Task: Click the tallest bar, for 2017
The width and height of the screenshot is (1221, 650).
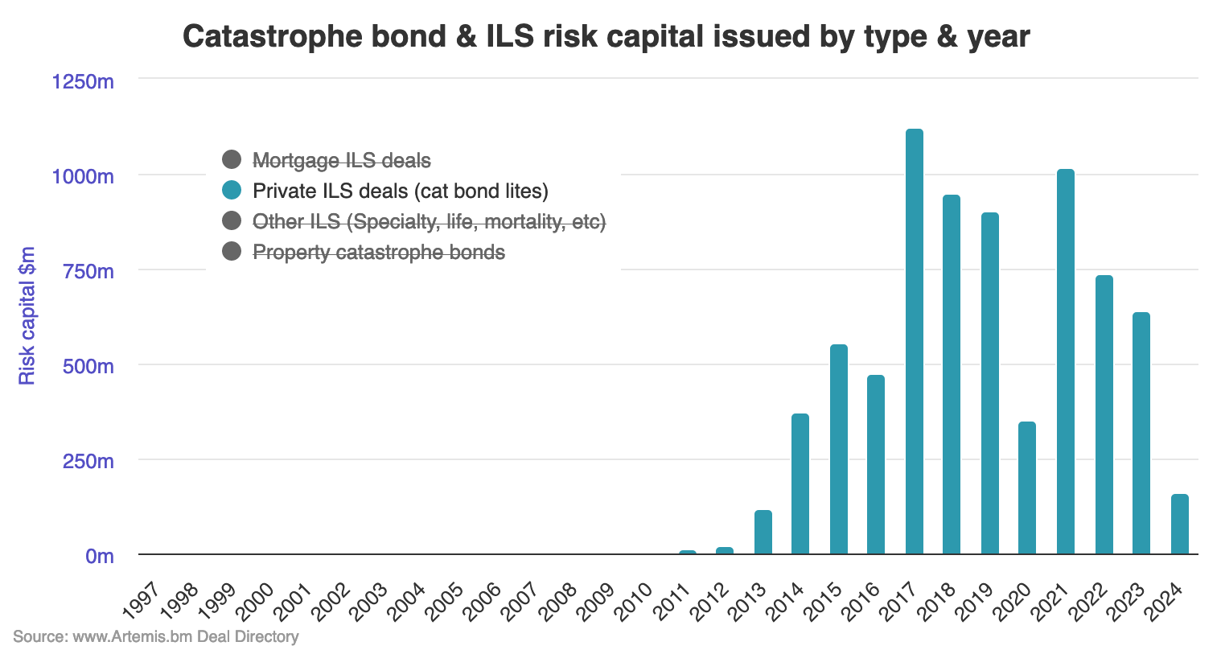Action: (x=914, y=342)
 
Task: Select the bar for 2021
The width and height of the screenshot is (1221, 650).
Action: (x=1065, y=362)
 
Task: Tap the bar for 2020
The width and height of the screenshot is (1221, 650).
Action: (x=1027, y=488)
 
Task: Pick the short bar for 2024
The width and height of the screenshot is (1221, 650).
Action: (x=1179, y=525)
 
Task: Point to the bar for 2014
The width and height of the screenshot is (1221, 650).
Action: (x=800, y=484)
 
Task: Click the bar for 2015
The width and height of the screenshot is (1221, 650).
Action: (x=838, y=450)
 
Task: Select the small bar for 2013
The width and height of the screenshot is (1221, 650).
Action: (x=763, y=533)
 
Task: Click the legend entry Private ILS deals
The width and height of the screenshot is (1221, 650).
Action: (x=400, y=191)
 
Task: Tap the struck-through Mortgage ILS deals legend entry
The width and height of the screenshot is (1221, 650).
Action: (x=342, y=160)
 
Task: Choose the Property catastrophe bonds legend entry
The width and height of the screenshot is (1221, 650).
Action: (x=378, y=252)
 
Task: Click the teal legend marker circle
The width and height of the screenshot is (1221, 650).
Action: (x=232, y=191)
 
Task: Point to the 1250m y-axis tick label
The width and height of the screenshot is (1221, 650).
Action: (x=83, y=81)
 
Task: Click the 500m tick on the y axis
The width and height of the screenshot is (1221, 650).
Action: (x=88, y=366)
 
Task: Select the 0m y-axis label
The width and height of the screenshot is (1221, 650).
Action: (x=100, y=556)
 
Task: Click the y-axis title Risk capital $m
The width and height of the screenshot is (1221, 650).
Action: (x=27, y=316)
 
